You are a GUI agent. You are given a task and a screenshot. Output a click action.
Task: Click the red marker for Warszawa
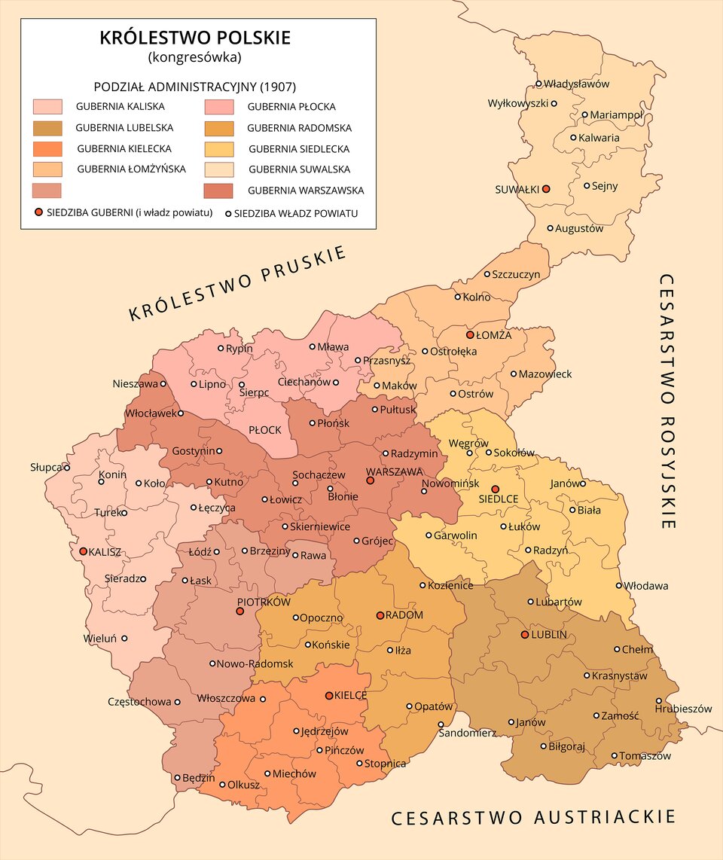(370, 480)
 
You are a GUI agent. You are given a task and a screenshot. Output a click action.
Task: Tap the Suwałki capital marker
(546, 189)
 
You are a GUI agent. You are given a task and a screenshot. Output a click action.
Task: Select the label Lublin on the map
(548, 635)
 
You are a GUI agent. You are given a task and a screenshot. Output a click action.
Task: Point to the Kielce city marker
(329, 696)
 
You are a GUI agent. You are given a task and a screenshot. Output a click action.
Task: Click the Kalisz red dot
(83, 551)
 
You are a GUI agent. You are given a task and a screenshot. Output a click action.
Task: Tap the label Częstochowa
(139, 702)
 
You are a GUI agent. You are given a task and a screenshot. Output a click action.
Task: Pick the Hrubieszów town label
(683, 709)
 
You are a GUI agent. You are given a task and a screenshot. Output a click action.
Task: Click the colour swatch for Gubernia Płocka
(218, 107)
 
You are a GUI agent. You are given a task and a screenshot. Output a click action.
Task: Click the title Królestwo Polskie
(195, 38)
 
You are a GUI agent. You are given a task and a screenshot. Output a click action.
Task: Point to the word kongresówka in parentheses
(195, 56)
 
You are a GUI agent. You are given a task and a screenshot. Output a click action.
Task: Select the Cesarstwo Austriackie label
(532, 818)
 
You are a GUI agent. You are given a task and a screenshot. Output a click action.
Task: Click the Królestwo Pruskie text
(237, 283)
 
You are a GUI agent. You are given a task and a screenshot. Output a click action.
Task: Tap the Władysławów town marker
(538, 84)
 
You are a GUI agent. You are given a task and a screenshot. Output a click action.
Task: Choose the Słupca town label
(45, 468)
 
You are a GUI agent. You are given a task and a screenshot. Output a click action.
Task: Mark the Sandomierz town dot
(441, 724)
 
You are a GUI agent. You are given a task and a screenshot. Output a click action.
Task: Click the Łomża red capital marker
(470, 334)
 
